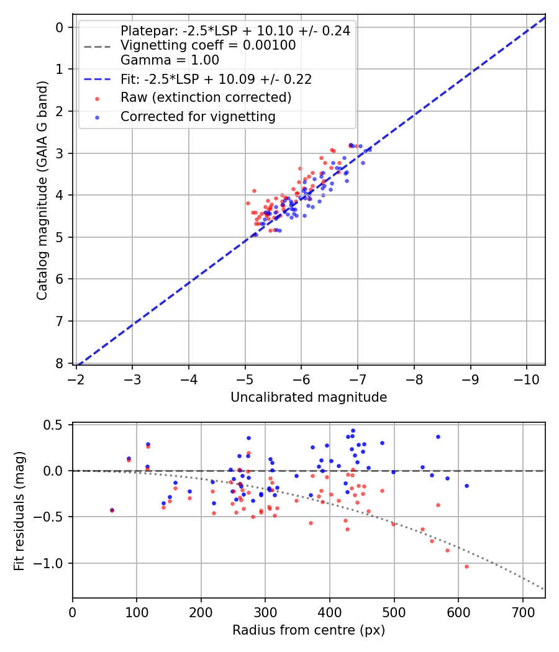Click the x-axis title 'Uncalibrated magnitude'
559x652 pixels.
[309, 397]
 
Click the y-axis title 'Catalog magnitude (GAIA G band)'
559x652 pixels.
[42, 195]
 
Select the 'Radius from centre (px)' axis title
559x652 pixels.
[309, 630]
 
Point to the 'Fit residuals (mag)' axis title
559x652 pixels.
[19, 510]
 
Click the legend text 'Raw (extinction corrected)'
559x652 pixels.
[206, 97]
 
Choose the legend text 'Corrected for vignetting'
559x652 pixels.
[198, 116]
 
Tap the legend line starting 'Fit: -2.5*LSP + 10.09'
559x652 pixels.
[216, 79]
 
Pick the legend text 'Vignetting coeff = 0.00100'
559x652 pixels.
[208, 45]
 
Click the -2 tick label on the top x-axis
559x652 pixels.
[76, 379]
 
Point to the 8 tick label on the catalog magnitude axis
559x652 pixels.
[60, 363]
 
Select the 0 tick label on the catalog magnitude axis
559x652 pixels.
[60, 27]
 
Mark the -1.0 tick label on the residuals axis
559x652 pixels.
[52, 563]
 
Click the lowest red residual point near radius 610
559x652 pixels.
[466, 566]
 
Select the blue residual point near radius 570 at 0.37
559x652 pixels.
[438, 437]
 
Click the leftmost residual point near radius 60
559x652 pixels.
[112, 510]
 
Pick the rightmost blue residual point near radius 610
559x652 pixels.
[466, 486]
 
